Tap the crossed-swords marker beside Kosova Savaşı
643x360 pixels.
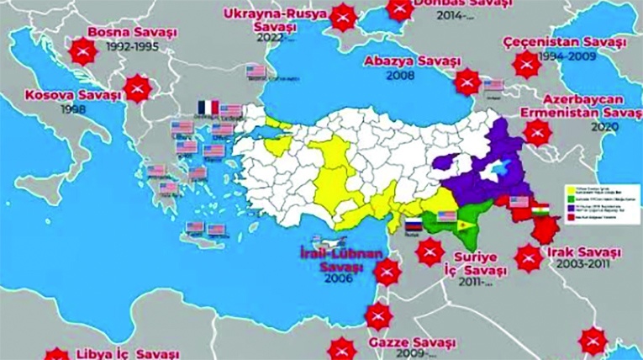(139, 87)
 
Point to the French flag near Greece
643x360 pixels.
(207, 109)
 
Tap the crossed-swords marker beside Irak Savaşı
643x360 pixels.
(528, 258)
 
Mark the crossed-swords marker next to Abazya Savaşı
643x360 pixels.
(466, 82)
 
